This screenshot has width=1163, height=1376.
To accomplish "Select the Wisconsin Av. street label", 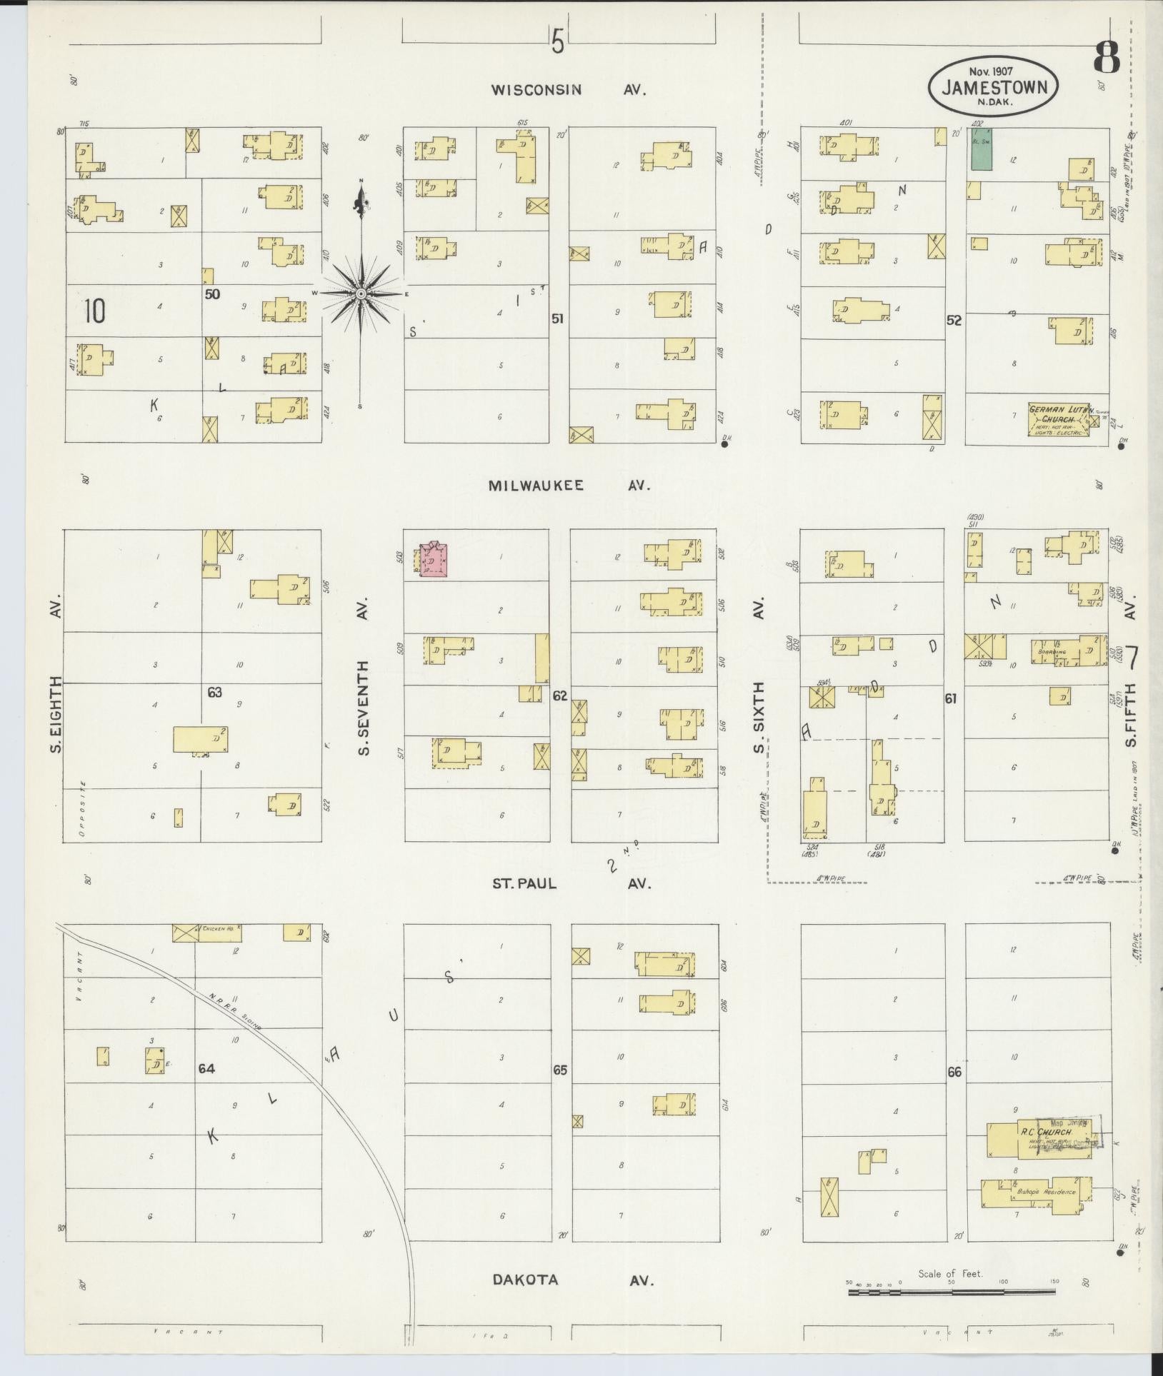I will [x=569, y=90].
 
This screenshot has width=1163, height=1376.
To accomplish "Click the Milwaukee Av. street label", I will [x=569, y=486].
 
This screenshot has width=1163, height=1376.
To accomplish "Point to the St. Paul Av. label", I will [x=571, y=883].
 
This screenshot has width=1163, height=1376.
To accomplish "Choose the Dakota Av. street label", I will [x=573, y=1280].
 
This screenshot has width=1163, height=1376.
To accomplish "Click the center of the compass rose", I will [x=361, y=293].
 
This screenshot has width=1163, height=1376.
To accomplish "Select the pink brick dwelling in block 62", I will [x=434, y=559].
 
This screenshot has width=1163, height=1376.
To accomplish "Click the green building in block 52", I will [x=980, y=150].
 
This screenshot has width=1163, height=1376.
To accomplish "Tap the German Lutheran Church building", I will [x=1059, y=420].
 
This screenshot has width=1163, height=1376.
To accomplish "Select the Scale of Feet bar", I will [x=950, y=1291].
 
